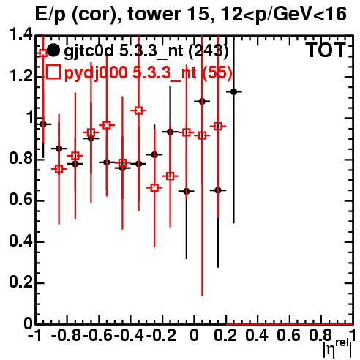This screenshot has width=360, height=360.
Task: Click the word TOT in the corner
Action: coord(326,50)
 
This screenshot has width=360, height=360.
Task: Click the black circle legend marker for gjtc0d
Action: coord(53,50)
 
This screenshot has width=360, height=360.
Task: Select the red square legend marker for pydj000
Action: coord(53,72)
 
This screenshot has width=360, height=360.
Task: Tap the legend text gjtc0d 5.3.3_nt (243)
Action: coord(146,51)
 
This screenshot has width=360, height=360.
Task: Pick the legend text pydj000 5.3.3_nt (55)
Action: coord(148,72)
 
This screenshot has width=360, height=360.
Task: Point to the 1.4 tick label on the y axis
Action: coord(20,35)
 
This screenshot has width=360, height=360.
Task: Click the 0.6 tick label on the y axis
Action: coord(20,200)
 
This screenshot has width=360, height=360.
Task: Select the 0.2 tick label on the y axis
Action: coord(20,282)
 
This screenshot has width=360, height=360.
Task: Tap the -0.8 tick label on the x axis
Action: coord(66,336)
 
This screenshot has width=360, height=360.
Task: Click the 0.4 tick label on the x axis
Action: coord(257,336)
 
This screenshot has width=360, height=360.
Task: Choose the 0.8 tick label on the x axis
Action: coord(320,336)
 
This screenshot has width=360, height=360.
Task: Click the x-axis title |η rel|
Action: coord(338,349)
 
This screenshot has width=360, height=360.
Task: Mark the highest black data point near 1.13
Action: coord(234,91)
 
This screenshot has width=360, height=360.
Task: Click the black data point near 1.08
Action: coord(202,101)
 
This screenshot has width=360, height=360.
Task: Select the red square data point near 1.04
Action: coord(138,110)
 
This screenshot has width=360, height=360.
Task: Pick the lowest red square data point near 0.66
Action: coord(154,188)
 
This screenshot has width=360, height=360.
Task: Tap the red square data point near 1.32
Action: coord(43,53)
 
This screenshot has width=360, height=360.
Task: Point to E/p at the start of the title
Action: coord(50,15)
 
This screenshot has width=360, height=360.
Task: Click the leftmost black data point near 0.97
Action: coord(43,124)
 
